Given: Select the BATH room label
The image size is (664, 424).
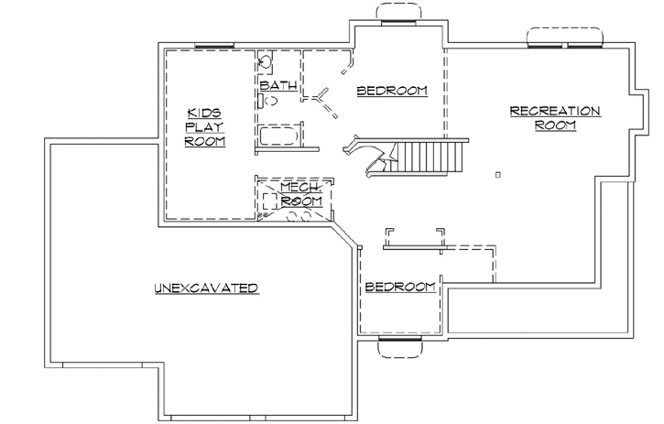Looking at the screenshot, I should click(x=278, y=86).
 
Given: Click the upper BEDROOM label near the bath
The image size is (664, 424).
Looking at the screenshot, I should click(x=392, y=91).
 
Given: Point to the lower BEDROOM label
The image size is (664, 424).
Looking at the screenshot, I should click(x=400, y=288).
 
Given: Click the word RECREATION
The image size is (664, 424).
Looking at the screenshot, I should click(x=555, y=111).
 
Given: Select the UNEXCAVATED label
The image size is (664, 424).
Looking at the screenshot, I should click(x=205, y=288).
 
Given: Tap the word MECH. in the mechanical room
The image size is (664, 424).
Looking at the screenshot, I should click(x=299, y=187).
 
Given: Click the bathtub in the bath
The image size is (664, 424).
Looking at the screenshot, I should click(x=279, y=138).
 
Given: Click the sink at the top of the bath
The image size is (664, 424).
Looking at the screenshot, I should click(x=264, y=63).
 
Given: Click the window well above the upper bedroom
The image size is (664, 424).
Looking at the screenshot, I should click(x=397, y=12).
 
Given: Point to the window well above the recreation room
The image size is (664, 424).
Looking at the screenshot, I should click(x=564, y=36).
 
